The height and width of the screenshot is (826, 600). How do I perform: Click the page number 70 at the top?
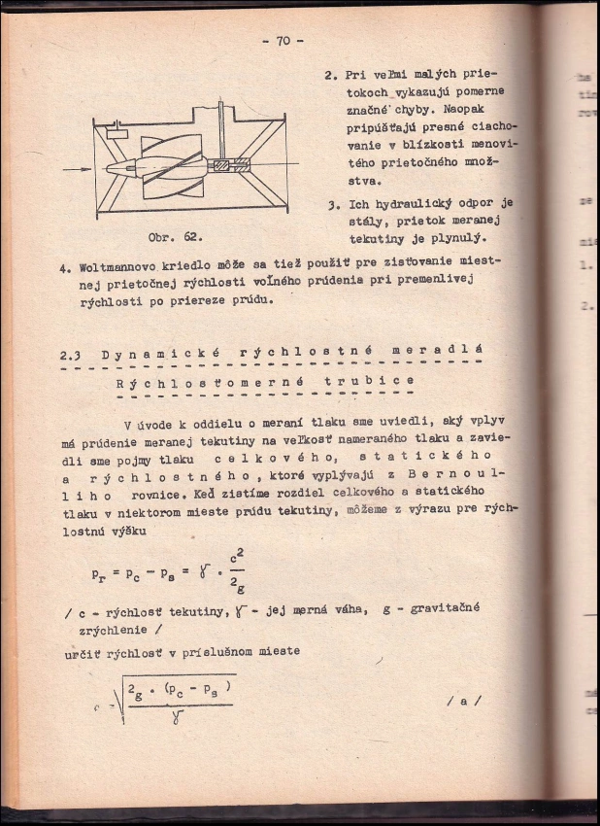click(283, 41)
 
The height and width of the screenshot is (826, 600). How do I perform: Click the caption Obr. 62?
click(176, 235)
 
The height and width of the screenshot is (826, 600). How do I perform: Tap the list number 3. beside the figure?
click(332, 206)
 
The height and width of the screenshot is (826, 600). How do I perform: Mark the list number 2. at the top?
click(331, 74)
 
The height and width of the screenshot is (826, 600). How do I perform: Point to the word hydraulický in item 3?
click(411, 203)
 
